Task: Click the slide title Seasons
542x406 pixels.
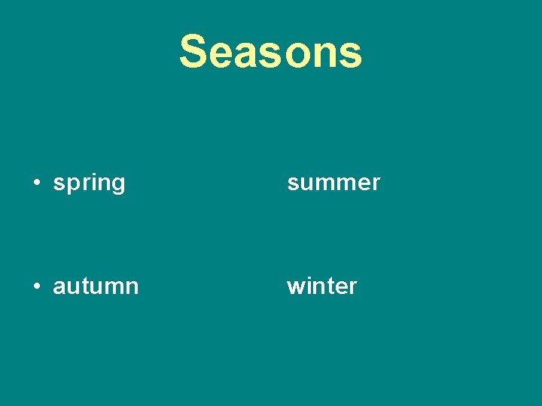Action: [270, 52]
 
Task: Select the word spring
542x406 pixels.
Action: [89, 183]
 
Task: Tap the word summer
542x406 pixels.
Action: [333, 183]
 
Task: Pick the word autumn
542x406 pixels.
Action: [96, 286]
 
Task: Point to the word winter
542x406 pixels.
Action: [321, 286]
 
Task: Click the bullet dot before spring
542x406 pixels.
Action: [36, 183]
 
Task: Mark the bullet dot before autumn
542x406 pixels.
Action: [36, 286]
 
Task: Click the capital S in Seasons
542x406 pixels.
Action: [193, 52]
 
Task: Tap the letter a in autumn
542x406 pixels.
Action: [59, 287]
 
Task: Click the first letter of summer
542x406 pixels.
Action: [293, 183]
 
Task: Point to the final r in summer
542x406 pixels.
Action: [376, 183]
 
